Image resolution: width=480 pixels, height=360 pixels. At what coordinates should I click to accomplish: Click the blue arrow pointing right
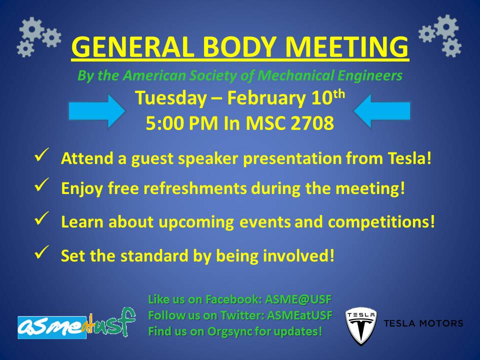coord(96,110)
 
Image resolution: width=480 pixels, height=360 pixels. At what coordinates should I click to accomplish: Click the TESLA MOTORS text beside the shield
coord(423,323)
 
